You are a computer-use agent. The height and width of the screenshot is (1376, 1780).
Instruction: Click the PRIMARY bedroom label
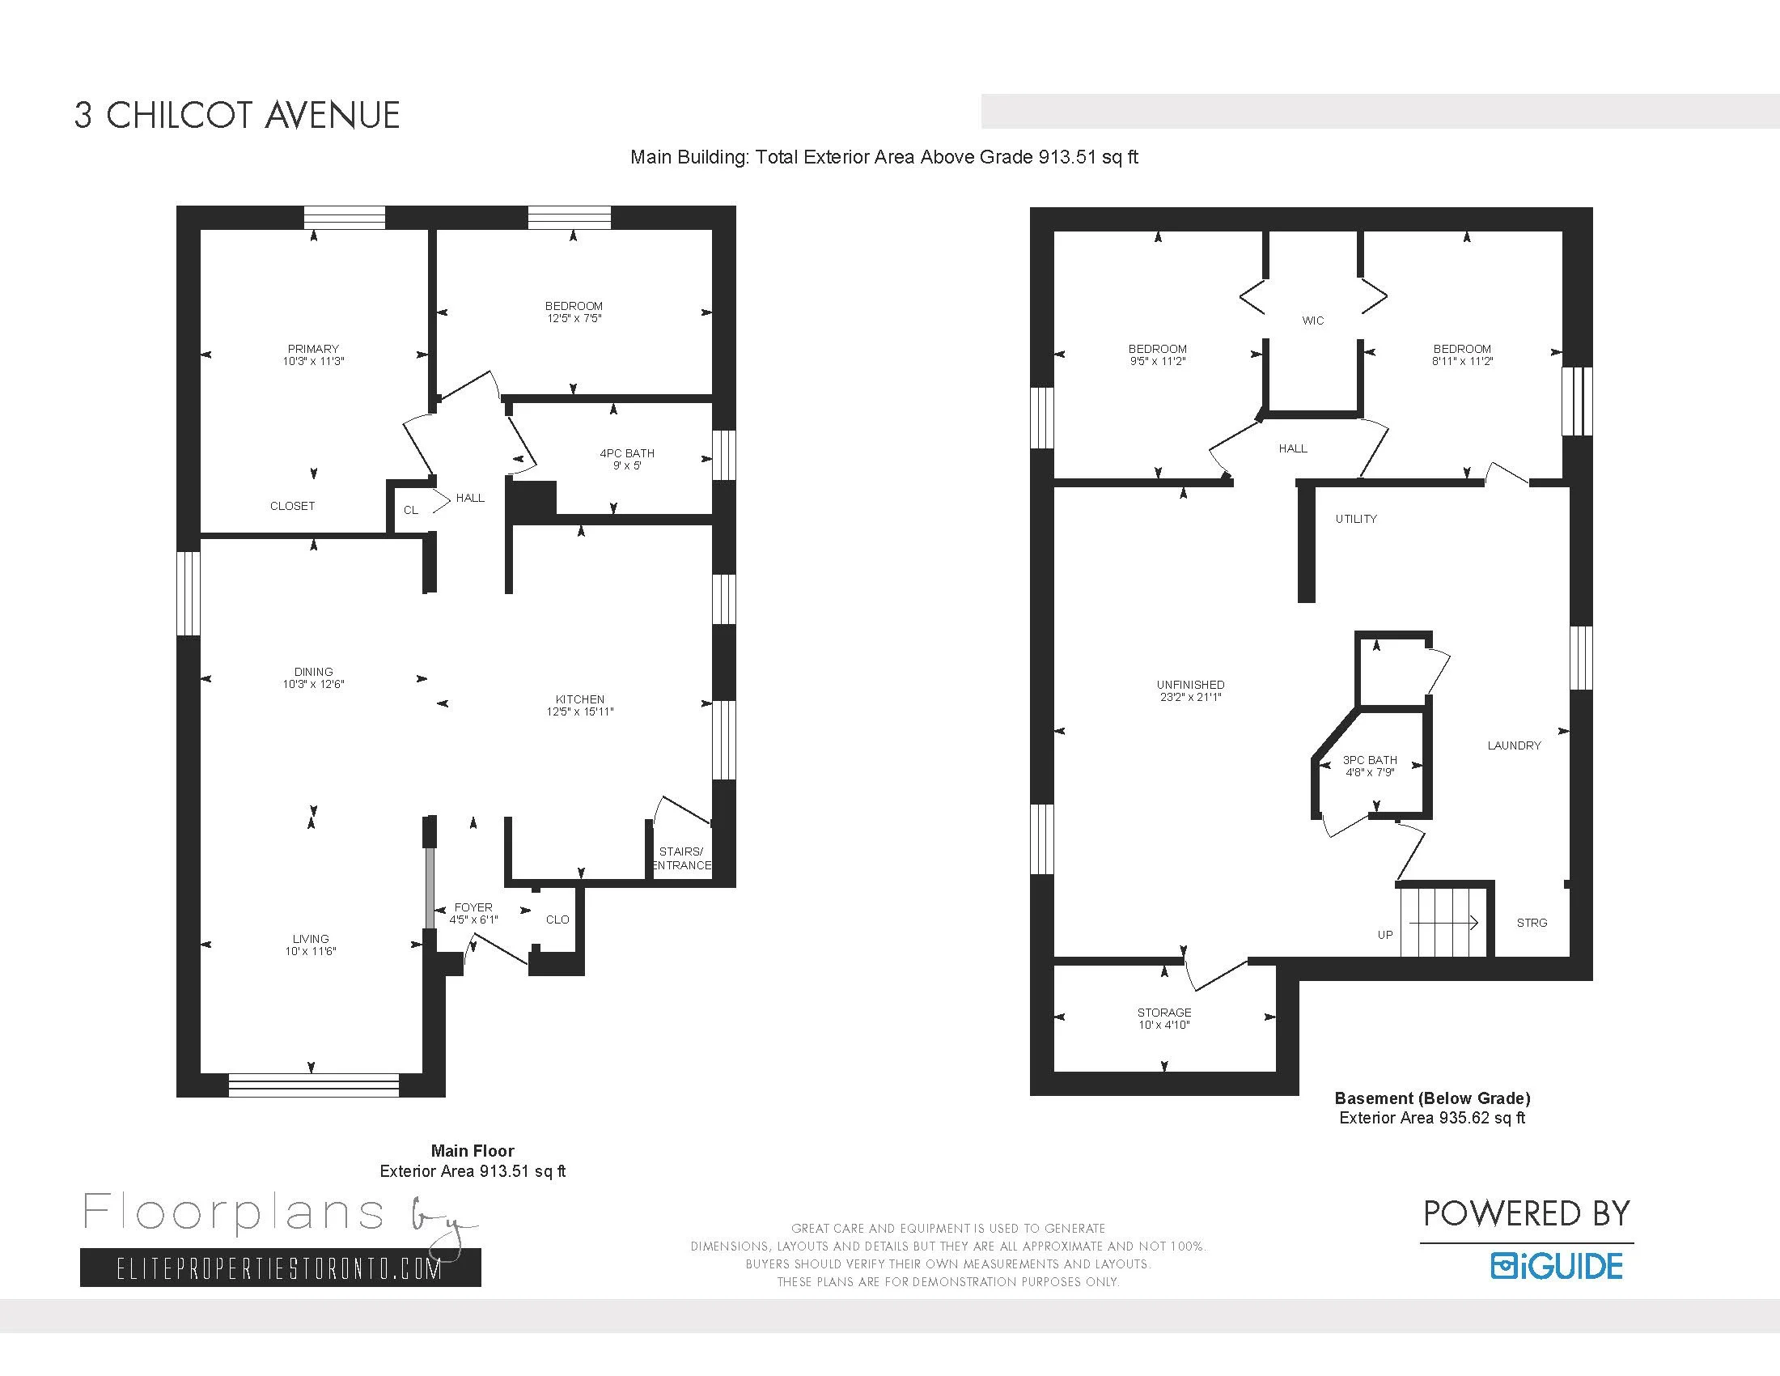[x=313, y=349]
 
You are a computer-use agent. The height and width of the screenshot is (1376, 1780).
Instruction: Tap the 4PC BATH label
[x=627, y=453]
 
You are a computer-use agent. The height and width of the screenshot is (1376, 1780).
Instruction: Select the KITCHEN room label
[x=580, y=699]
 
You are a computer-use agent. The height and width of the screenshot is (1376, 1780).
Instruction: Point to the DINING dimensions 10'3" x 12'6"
[x=314, y=685]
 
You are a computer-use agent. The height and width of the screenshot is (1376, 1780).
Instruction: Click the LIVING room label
[x=311, y=939]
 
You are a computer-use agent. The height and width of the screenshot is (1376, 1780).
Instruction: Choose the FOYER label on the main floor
[x=473, y=907]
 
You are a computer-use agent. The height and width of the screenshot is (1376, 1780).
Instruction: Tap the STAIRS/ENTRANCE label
[x=681, y=858]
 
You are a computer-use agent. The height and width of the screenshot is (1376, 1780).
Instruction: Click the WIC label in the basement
[x=1313, y=321]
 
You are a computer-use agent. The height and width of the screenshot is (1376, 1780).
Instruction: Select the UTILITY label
[x=1356, y=519]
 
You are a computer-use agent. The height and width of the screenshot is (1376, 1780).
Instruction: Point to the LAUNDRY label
[x=1515, y=745]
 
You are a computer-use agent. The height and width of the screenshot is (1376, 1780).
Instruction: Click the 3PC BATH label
[x=1370, y=760]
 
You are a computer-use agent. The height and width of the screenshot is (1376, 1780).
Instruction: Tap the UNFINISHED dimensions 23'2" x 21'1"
[x=1191, y=698]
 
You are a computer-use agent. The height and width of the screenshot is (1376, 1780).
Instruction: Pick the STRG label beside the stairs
[x=1532, y=923]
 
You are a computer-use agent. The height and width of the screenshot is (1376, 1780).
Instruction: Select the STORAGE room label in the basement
[x=1163, y=1013]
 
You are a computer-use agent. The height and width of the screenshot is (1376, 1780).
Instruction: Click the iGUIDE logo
[x=1557, y=1266]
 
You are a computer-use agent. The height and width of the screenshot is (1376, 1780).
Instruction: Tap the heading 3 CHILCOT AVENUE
[x=237, y=115]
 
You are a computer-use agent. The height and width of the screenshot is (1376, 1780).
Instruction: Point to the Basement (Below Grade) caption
[x=1432, y=1098]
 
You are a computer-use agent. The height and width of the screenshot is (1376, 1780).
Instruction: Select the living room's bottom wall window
[x=314, y=1085]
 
